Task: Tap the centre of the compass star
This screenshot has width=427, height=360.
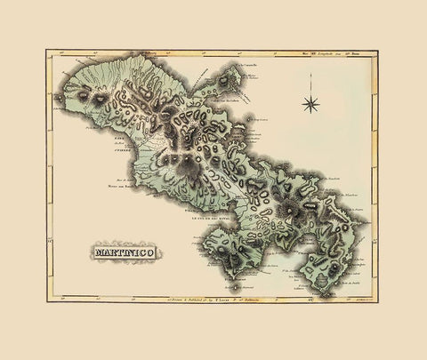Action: pos(311,105)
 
